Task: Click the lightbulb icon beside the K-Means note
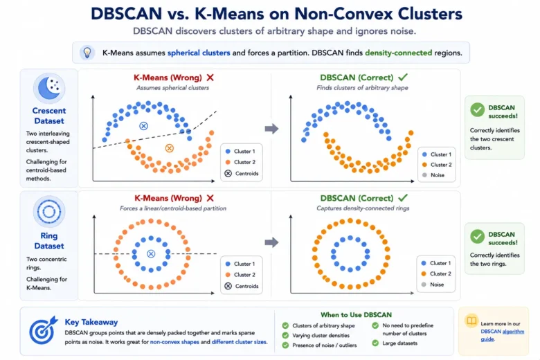(87, 53)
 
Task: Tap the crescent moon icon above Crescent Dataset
(49, 88)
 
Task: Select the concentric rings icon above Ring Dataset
(49, 212)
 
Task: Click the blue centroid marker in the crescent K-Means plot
(143, 126)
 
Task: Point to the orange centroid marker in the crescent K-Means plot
(169, 148)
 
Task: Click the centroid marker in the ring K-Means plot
(151, 254)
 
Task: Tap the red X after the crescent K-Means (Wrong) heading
(210, 78)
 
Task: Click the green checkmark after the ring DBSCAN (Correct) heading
(403, 198)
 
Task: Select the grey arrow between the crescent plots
(271, 129)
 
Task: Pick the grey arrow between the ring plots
(271, 242)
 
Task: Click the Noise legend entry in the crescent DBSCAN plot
(433, 175)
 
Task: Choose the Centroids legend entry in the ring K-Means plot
(242, 286)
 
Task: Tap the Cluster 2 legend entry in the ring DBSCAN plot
(436, 273)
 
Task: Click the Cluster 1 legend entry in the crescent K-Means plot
(240, 151)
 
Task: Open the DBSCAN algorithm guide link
(503, 335)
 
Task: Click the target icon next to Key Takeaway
(43, 330)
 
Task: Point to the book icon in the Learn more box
(471, 321)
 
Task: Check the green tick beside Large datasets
(375, 343)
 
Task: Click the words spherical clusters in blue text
(199, 53)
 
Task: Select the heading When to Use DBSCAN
(356, 314)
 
